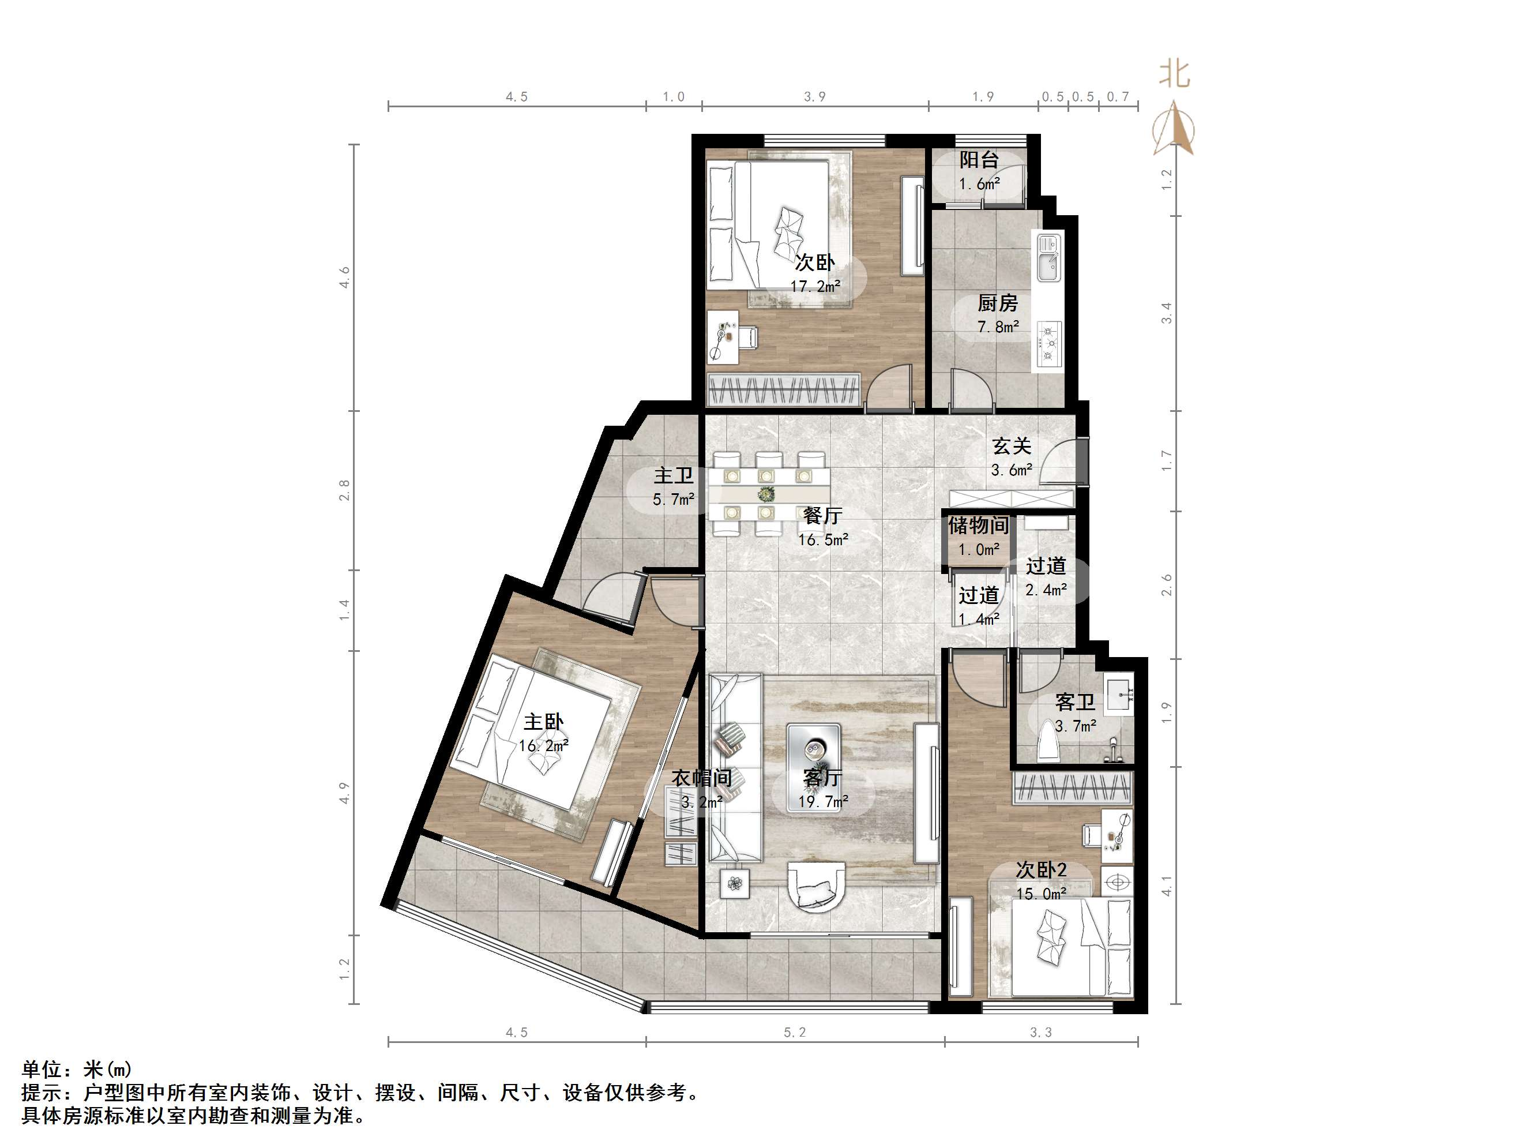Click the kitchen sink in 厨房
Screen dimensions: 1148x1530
point(1048,257)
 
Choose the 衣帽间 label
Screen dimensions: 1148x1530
point(701,788)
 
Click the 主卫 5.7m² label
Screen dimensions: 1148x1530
point(674,486)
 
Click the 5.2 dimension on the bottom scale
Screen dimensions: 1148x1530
point(795,1033)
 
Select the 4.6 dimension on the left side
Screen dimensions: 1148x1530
point(344,277)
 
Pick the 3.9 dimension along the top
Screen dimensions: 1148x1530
point(815,96)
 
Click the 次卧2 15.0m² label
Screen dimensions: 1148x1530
point(1041,880)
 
